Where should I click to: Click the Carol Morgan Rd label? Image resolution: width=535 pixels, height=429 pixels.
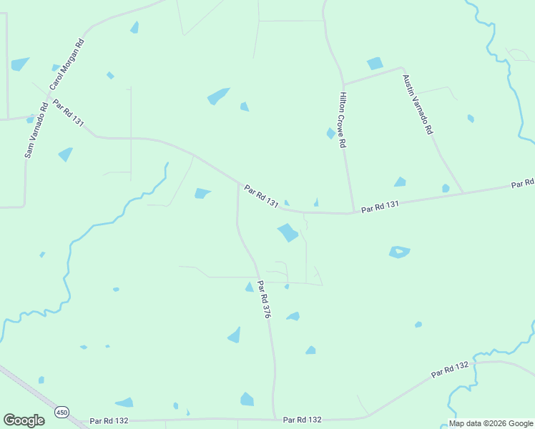tap(67, 64)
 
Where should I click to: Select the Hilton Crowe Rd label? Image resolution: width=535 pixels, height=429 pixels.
tap(343, 120)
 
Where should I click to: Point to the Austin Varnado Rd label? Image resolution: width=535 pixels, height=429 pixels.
tap(418, 105)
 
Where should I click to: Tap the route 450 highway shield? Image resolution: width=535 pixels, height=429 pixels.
tap(62, 413)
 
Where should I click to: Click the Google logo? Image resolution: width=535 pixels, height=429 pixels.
tap(24, 420)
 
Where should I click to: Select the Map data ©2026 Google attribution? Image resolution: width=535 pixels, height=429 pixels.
tap(491, 423)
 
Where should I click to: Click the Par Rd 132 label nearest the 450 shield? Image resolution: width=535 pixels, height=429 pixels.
tap(109, 421)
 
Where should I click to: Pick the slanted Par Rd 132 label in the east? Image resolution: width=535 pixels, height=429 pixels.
tap(451, 370)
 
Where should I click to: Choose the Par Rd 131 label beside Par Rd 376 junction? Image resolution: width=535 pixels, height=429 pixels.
tap(261, 196)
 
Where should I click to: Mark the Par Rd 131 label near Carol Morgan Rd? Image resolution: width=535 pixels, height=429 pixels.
tap(69, 114)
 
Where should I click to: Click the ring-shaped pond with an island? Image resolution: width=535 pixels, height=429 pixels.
tap(399, 252)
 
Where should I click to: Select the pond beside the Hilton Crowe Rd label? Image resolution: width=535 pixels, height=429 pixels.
tap(330, 133)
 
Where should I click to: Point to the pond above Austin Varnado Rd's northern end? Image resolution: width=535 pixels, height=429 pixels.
tap(375, 64)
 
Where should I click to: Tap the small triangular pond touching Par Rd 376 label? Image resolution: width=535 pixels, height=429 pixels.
tap(250, 287)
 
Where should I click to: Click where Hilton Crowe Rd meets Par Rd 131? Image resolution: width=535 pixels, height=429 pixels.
tap(353, 212)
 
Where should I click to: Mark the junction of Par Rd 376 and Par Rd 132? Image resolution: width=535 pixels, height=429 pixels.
tap(275, 419)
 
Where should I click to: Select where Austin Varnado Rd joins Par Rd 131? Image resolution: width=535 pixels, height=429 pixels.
tap(462, 193)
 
